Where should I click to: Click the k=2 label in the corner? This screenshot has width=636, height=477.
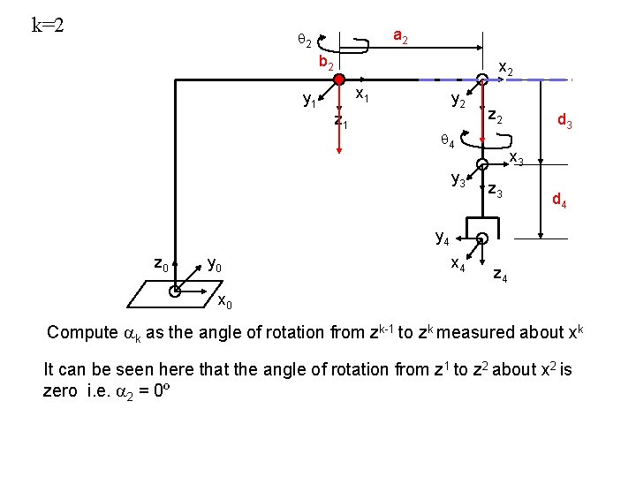click(x=49, y=24)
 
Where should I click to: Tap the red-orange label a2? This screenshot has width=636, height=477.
click(x=400, y=36)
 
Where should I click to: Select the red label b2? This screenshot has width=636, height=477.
click(x=326, y=63)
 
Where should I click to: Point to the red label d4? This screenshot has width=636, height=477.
click(x=560, y=201)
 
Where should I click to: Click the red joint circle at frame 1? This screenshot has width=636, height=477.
click(x=339, y=79)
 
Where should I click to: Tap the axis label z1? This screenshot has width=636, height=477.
click(x=341, y=121)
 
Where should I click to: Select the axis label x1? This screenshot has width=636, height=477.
click(x=362, y=93)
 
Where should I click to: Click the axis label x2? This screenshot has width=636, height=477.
click(x=507, y=67)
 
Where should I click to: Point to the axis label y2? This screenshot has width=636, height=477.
click(x=459, y=102)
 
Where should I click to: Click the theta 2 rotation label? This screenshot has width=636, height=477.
click(x=303, y=39)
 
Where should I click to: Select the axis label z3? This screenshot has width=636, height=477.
click(x=496, y=192)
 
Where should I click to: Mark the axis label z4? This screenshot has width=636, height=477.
click(x=500, y=276)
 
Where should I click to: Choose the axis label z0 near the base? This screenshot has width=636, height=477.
click(x=161, y=262)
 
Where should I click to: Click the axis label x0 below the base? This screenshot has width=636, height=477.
click(x=225, y=303)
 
